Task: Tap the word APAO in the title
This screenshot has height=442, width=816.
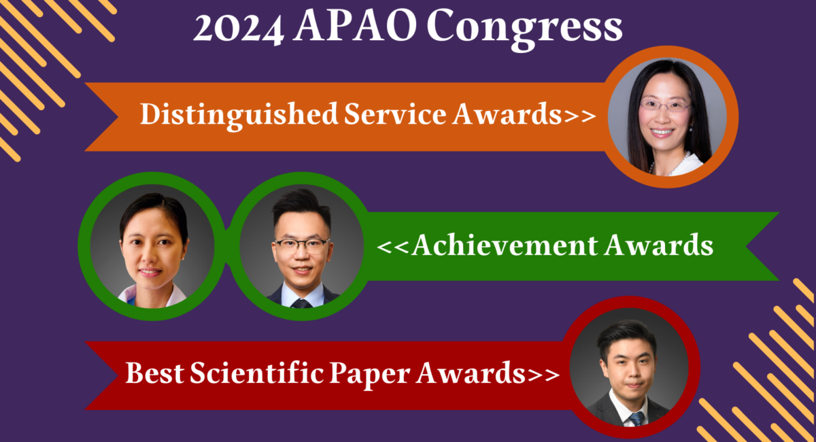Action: click(355, 27)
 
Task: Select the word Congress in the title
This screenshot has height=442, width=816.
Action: click(524, 30)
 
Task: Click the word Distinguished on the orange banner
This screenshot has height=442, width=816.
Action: click(239, 116)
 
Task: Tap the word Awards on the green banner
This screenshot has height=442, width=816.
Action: click(659, 245)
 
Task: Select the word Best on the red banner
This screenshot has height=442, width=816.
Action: click(154, 373)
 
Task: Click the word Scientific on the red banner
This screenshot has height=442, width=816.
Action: click(257, 373)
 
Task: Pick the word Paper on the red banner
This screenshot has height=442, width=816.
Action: click(370, 375)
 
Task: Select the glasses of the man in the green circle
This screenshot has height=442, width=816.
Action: click(302, 246)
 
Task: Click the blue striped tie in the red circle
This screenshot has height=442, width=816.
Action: click(636, 419)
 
